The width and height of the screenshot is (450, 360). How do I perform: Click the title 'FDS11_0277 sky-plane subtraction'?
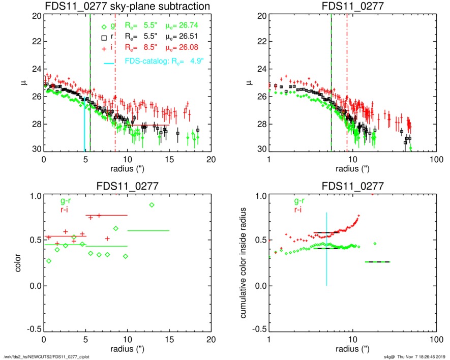[128, 6]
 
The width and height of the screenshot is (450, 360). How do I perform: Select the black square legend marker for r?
[104, 38]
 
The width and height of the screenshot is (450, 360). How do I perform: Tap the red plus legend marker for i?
[104, 48]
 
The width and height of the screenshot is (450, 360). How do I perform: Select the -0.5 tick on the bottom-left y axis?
[34, 329]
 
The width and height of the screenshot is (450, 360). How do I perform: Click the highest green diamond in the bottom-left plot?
[152, 205]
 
